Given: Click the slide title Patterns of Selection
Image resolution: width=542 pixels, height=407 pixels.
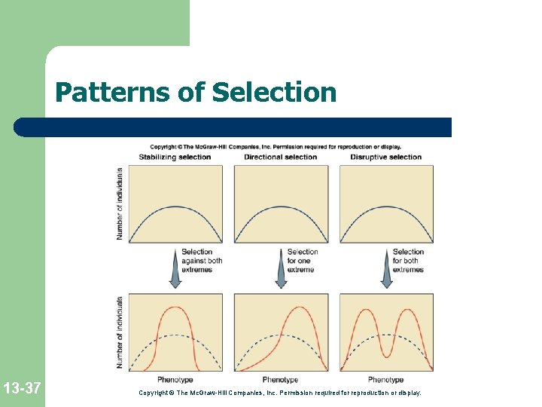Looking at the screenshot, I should (x=196, y=93).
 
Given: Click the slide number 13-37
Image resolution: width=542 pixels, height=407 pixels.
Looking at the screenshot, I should (x=22, y=389).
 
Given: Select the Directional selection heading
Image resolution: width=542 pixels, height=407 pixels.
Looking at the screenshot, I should (x=281, y=157).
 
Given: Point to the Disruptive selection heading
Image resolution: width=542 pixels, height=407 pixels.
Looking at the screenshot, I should (x=385, y=157).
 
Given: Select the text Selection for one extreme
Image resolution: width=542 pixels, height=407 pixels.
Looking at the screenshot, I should (x=303, y=261).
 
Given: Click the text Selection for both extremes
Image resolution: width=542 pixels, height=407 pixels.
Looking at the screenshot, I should (x=408, y=261).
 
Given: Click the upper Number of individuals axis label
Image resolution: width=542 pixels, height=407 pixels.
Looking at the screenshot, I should (x=120, y=203).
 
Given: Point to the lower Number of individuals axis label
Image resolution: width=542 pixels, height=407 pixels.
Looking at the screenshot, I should (x=120, y=332).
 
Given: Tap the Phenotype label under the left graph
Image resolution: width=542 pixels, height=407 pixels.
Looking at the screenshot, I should (x=175, y=380).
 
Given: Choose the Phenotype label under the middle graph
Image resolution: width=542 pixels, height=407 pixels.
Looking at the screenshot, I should (x=281, y=380).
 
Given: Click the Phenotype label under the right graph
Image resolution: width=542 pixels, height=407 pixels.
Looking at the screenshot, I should (x=386, y=380).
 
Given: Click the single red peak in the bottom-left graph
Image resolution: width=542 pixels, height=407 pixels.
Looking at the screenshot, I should (x=175, y=308).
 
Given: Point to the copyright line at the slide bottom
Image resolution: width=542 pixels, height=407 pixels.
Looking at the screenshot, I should (x=281, y=393).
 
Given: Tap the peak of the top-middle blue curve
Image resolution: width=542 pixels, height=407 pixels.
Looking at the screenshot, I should (x=281, y=207).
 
